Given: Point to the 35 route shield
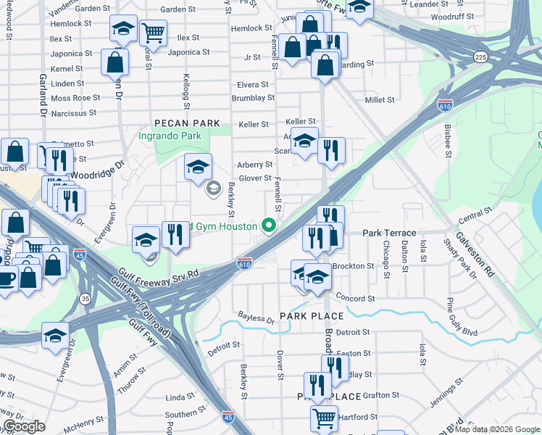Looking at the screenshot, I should [x=85, y=298].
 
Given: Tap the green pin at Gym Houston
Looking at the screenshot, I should [x=270, y=226].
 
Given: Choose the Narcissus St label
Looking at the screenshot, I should [x=74, y=113].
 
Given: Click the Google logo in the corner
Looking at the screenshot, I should [x=25, y=426].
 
